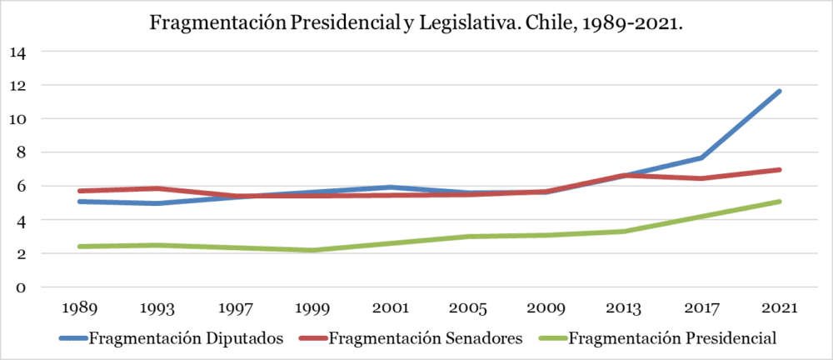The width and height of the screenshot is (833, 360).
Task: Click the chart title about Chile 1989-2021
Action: click(x=416, y=24)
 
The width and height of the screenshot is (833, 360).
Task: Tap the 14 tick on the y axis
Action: click(x=17, y=52)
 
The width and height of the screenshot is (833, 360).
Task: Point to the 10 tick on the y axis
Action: click(x=17, y=119)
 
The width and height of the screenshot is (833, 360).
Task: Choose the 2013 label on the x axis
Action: click(x=623, y=307)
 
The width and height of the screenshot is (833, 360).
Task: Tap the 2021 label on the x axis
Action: click(x=780, y=307)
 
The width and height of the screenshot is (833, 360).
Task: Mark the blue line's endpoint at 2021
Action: click(x=780, y=91)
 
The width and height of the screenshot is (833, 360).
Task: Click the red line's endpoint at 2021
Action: click(x=780, y=170)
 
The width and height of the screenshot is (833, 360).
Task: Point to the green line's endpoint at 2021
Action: click(x=780, y=202)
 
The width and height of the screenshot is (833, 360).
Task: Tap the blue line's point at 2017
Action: click(x=701, y=157)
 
